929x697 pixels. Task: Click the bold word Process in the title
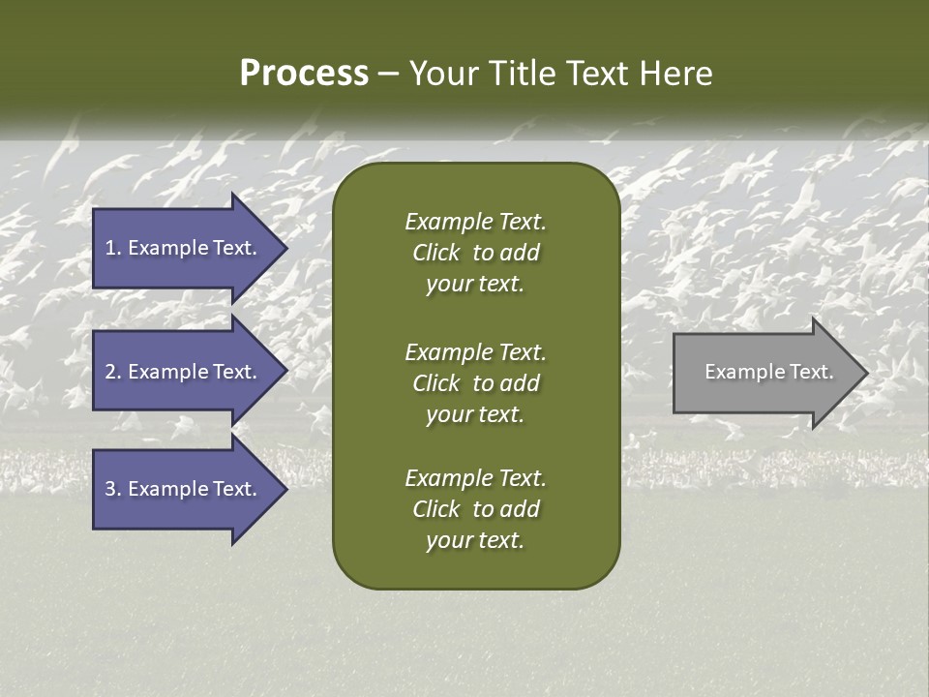[x=304, y=74]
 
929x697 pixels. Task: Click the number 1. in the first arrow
[x=113, y=248]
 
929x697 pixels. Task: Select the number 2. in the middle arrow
[x=113, y=372]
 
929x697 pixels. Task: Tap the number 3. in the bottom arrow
[x=113, y=489]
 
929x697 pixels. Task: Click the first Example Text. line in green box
[x=475, y=222]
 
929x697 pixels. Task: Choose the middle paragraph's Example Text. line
[x=475, y=352]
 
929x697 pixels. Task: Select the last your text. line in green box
[x=475, y=541]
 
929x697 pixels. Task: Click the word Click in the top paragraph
[x=435, y=253]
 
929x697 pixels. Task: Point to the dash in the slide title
[x=388, y=74]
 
